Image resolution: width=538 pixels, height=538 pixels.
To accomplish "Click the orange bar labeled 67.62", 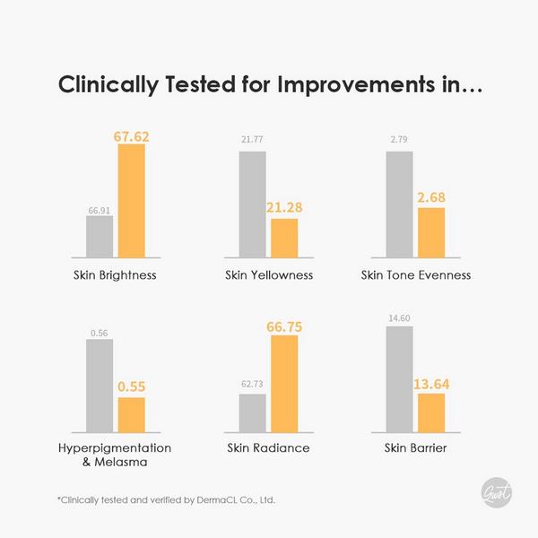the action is (x=132, y=201).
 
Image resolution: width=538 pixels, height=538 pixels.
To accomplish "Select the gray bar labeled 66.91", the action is (x=100, y=237).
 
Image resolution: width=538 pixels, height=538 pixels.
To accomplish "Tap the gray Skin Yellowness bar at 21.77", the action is (x=253, y=204).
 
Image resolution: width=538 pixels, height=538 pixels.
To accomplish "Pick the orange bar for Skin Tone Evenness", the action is (x=431, y=232).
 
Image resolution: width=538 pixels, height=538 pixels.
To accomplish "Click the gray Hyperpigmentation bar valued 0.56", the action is (x=100, y=386).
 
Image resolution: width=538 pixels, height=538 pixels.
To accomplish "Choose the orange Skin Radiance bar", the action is (x=284, y=384).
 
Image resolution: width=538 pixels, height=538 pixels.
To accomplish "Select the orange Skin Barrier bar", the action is (x=431, y=413).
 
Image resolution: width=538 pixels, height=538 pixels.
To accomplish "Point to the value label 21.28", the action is (x=284, y=208).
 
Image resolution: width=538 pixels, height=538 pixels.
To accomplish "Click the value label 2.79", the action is (x=399, y=139).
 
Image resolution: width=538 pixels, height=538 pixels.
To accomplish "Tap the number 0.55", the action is (x=132, y=386).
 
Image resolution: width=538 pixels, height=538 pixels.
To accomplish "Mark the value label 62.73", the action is (x=252, y=384).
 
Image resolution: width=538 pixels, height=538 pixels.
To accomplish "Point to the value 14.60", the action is (x=399, y=318).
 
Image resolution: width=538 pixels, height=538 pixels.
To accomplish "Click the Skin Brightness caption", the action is (x=115, y=275).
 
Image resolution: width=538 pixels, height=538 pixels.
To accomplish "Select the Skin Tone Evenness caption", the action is (x=416, y=275).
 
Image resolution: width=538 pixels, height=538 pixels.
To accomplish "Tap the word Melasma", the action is (x=121, y=462).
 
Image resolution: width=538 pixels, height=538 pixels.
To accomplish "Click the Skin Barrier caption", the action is (x=415, y=447).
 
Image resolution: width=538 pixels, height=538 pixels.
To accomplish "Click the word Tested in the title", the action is (x=200, y=84).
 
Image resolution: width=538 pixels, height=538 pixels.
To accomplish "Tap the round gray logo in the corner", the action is (x=497, y=492).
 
